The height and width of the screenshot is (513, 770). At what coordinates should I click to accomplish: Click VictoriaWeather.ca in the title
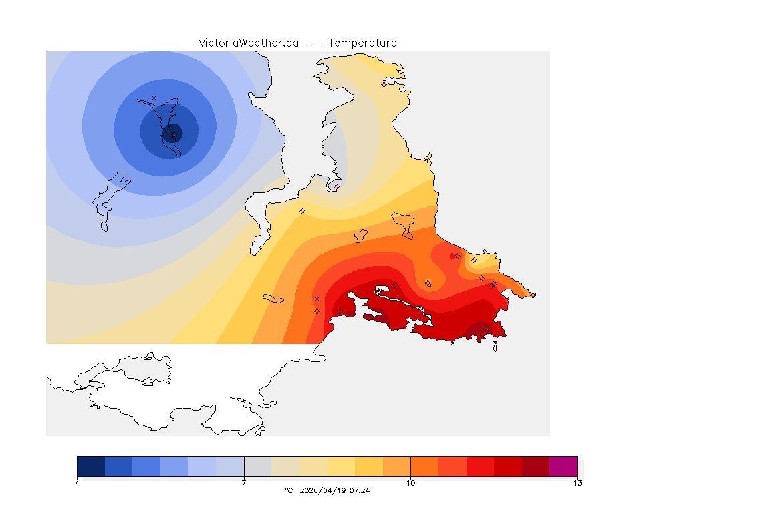pyautogui.click(x=248, y=43)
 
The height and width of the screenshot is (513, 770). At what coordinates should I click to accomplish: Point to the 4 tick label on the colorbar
pyautogui.click(x=78, y=483)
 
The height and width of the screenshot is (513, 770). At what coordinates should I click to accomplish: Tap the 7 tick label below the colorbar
pyautogui.click(x=244, y=483)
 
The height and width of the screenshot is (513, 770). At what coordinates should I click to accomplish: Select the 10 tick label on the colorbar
pyautogui.click(x=410, y=483)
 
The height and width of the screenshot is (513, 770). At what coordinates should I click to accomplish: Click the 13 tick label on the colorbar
pyautogui.click(x=577, y=483)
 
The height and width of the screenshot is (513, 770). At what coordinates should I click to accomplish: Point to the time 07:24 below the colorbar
pyautogui.click(x=360, y=490)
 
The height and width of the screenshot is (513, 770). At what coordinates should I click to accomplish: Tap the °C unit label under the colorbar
pyautogui.click(x=289, y=490)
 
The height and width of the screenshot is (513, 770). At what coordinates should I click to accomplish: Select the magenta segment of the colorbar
pyautogui.click(x=563, y=466)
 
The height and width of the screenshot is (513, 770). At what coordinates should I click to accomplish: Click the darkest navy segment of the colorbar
pyautogui.click(x=91, y=466)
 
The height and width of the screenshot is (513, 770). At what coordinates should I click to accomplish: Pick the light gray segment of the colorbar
pyautogui.click(x=258, y=466)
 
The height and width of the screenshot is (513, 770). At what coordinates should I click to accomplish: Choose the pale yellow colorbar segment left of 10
pyautogui.click(x=341, y=466)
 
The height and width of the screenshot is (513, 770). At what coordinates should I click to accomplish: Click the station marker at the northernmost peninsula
pyautogui.click(x=384, y=84)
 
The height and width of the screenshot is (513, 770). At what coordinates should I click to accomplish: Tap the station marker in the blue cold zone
pyautogui.click(x=154, y=98)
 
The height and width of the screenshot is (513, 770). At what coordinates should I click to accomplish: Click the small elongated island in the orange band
pyautogui.click(x=274, y=299)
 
